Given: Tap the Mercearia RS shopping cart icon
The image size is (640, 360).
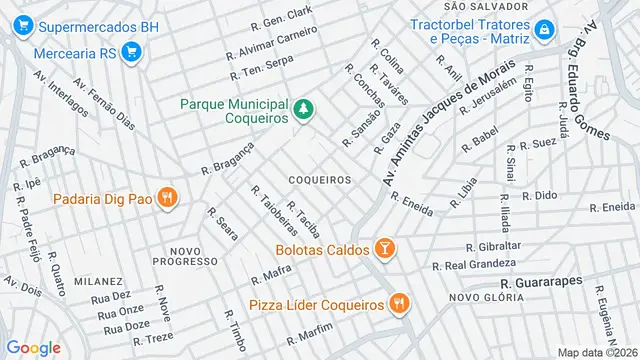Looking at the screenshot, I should tap(128, 52).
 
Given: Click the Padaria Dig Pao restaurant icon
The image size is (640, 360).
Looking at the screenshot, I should tap(167, 198).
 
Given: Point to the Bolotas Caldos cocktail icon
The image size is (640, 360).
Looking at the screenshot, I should tap(385, 248).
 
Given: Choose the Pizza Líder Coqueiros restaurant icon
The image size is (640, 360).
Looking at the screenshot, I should tap(399, 303).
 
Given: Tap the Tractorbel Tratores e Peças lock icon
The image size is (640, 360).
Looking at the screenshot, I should tap(543, 30).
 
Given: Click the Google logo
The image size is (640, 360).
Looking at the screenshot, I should tap(33, 347).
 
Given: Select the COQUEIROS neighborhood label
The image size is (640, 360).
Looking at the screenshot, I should tap(319, 180).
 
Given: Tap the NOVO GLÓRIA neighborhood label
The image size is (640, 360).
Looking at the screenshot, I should tap(480, 297).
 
